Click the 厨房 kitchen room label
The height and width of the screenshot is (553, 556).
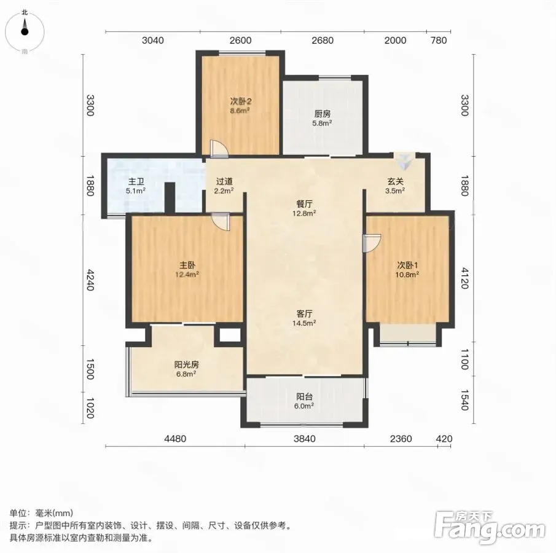(x=323, y=114)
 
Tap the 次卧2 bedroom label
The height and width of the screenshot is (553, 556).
(x=241, y=101)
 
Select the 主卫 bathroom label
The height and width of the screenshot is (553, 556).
(x=136, y=182)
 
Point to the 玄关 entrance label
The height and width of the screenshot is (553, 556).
(x=395, y=182)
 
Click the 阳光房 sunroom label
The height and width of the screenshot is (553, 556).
(x=187, y=364)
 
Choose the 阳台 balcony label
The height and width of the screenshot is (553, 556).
(x=304, y=396)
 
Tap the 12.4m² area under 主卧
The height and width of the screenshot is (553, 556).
(x=187, y=275)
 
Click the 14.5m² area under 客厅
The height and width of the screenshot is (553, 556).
(x=304, y=323)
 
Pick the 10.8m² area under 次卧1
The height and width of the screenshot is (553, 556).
(x=407, y=275)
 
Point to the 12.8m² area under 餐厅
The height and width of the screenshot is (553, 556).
(x=304, y=214)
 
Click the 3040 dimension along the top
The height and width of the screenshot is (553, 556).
(x=153, y=41)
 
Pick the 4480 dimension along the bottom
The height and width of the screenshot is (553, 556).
(x=175, y=439)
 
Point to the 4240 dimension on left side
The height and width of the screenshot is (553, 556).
(x=90, y=280)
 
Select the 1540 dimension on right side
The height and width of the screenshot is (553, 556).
(x=465, y=400)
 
